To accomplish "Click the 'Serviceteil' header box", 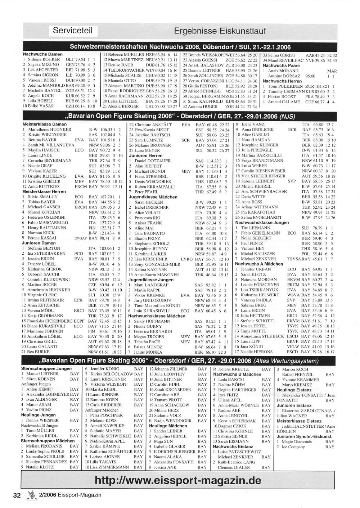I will (72, 30).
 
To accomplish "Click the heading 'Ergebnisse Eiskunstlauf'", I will (220, 31).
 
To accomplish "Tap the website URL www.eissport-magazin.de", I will (178, 480).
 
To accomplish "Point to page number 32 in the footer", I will (17, 495).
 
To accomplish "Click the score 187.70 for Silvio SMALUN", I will (105, 197).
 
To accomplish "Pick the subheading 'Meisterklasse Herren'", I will (44, 192).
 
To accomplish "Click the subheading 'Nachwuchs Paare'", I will (281, 65).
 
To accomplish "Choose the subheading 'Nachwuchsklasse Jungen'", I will (262, 222).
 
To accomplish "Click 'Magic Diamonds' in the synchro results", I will (297, 442).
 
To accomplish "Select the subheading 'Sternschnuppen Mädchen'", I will (48, 441).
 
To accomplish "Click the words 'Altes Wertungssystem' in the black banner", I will (286, 361).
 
